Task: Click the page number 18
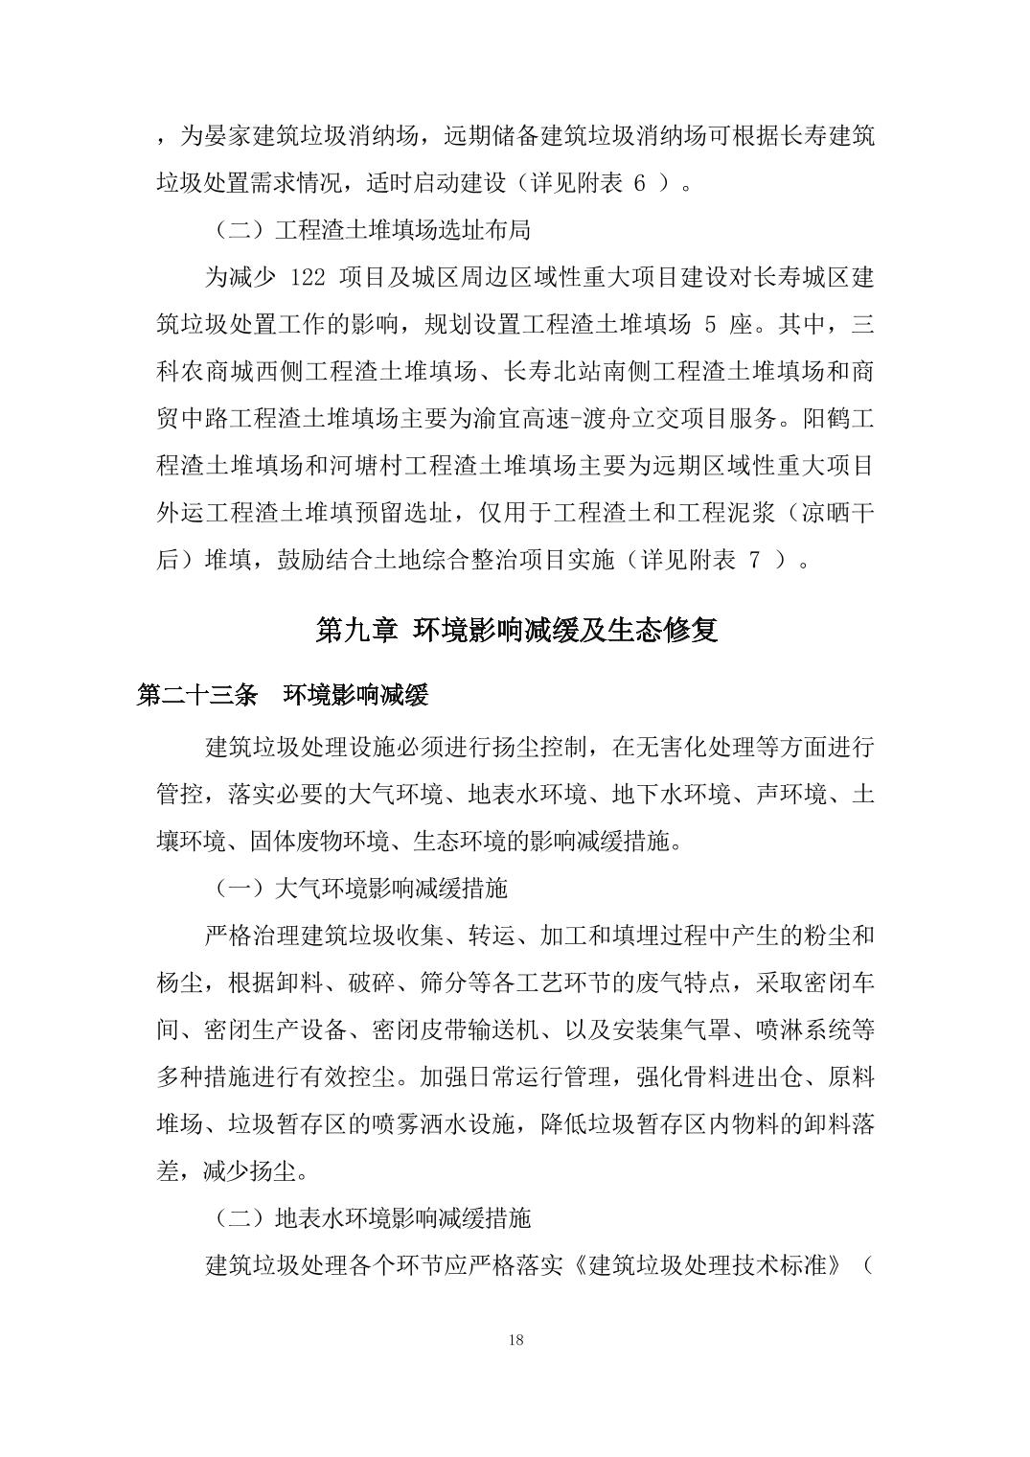[515, 1339]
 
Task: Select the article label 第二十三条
[197, 695]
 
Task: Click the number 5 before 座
[710, 324]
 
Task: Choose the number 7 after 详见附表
[754, 560]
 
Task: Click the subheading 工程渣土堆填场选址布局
[402, 231]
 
